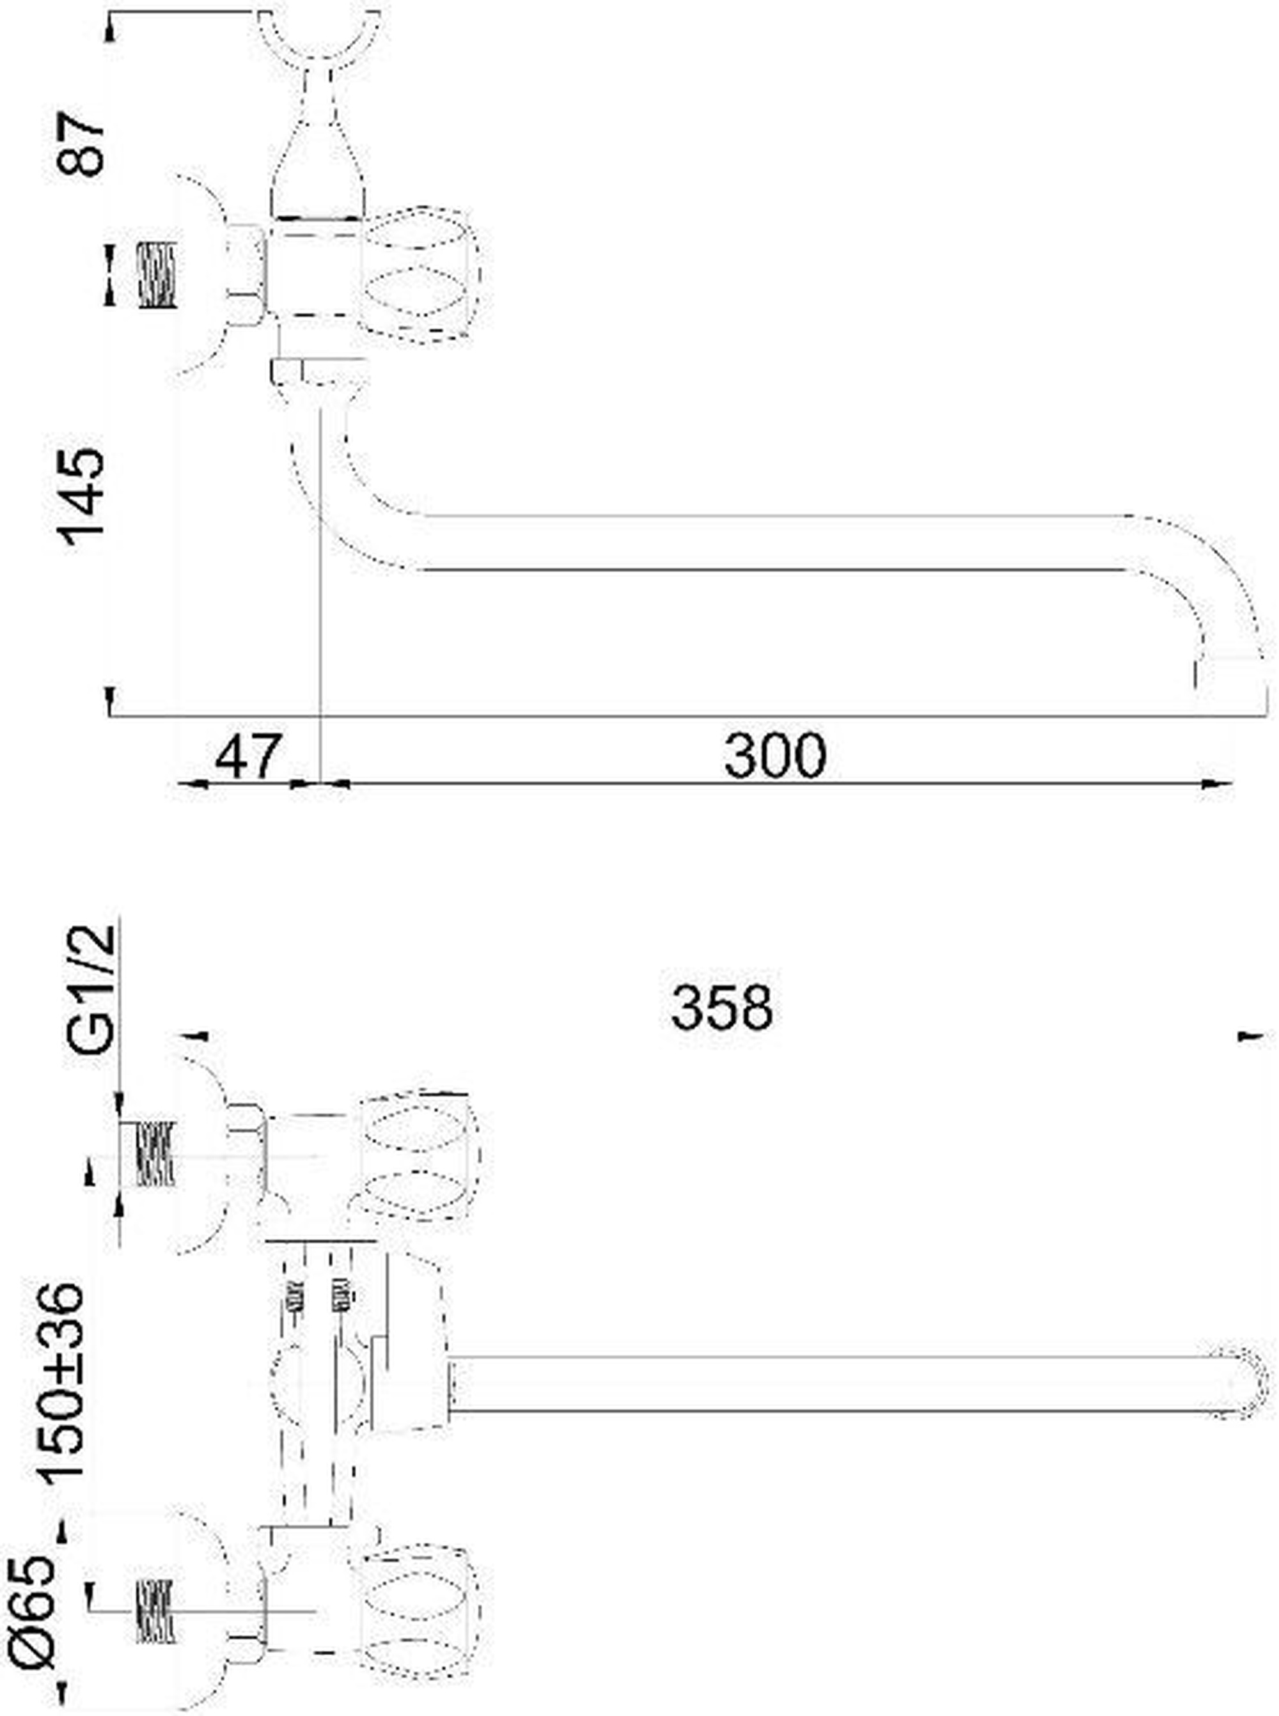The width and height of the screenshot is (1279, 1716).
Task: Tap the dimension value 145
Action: [x=81, y=497]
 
